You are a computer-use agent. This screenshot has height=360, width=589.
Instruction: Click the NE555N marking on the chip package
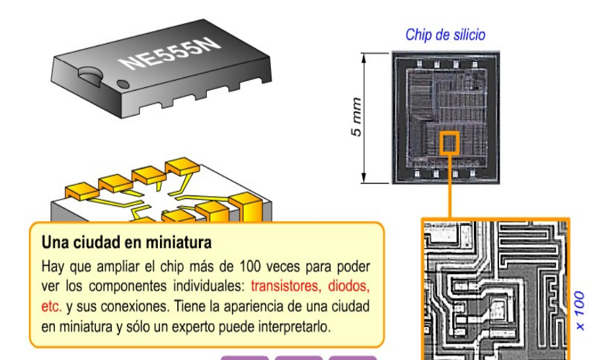tap(170, 53)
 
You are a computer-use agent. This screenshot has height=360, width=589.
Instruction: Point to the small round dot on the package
tap(123, 84)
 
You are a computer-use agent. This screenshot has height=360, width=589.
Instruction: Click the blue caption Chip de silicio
tap(445, 35)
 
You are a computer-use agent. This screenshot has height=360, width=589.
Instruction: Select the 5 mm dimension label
tap(356, 117)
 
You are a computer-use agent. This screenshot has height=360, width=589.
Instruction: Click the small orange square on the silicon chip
tap(450, 142)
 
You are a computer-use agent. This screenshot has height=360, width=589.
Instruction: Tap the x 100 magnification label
tap(580, 310)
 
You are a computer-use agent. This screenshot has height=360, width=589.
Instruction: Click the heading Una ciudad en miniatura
tap(126, 242)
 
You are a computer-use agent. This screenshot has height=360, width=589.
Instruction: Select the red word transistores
tap(286, 286)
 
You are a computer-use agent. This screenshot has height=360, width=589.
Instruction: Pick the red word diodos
tap(349, 286)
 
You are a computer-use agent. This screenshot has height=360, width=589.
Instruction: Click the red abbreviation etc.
tap(52, 306)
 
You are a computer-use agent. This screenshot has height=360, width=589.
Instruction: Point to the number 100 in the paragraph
tap(250, 266)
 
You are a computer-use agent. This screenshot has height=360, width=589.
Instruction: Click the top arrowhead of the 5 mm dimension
tap(363, 57)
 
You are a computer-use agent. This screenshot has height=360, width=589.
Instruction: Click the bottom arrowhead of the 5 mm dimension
tap(363, 179)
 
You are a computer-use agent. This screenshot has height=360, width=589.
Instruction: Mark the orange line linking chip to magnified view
tap(450, 186)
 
